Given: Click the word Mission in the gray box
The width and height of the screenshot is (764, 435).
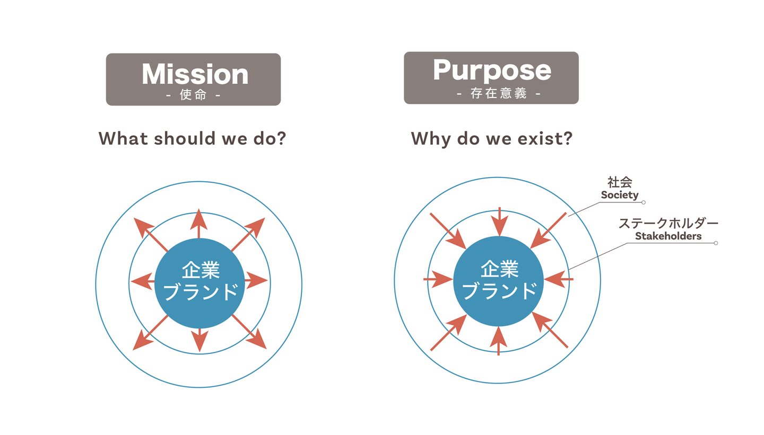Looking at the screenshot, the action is pos(195,74).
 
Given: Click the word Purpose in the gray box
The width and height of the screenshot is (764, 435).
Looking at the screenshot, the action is pos(492,71).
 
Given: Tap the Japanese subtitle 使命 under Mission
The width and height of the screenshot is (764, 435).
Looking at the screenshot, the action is pos(193,94).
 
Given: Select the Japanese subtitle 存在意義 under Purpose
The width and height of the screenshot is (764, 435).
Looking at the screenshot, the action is pos(498,93).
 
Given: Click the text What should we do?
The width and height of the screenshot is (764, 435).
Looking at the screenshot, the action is pos(192,138).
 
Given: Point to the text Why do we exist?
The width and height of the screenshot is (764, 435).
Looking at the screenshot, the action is pos(491,139).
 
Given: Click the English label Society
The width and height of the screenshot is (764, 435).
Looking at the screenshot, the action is pos(619,195).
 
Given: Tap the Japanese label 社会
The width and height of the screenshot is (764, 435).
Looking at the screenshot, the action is pos(620,182).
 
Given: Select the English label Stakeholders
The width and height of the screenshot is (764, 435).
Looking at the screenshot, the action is pos(668,236).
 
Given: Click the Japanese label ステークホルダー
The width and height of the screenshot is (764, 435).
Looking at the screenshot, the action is pos(668,223).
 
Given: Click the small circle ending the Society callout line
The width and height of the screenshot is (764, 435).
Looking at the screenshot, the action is pos(644,202).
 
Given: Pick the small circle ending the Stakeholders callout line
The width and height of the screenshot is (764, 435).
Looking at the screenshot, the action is pos(716,243).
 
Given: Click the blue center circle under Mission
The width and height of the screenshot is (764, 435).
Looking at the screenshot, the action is pos(199,283).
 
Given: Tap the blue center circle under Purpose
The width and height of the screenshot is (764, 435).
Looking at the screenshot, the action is pos(498,281).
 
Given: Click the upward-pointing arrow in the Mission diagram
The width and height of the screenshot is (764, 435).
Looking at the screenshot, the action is pos(199,224).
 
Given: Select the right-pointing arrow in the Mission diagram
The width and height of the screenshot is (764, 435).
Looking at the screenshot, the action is pos(256,280).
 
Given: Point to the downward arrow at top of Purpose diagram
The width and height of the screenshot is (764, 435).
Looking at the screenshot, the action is pos(499,222).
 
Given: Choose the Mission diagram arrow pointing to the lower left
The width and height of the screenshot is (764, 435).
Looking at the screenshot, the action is pos(150,332).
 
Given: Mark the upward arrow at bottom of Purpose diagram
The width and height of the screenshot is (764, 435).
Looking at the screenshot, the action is pos(499,341).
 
